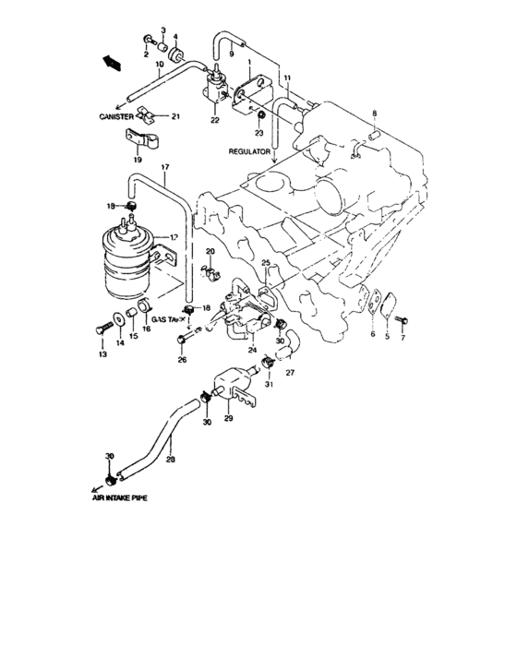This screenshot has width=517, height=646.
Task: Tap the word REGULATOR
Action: (x=250, y=150)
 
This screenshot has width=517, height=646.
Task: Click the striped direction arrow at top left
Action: (x=112, y=63)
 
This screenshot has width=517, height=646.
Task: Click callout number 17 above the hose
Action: (x=165, y=168)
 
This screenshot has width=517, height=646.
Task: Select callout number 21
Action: (x=175, y=116)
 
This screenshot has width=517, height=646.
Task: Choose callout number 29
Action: (x=228, y=420)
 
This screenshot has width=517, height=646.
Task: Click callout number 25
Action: (x=266, y=264)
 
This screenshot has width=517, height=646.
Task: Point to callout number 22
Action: (x=214, y=121)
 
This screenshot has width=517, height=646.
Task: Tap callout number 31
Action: (x=270, y=387)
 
